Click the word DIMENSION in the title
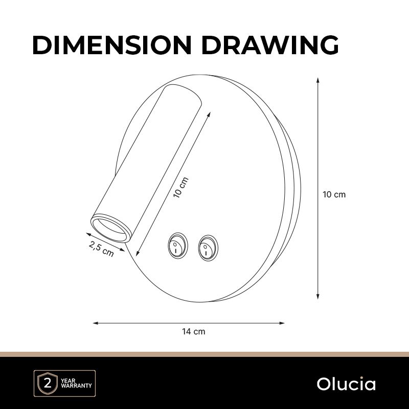tap(112, 45)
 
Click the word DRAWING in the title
tap(270, 45)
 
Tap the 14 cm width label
tap(194, 331)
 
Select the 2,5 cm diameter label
tap(101, 248)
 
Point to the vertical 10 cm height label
tap(334, 195)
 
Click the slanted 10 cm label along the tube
tap(181, 187)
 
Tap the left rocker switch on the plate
tap(177, 245)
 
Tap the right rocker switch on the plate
tap(208, 248)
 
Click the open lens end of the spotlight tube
tap(111, 228)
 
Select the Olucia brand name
tap(346, 384)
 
